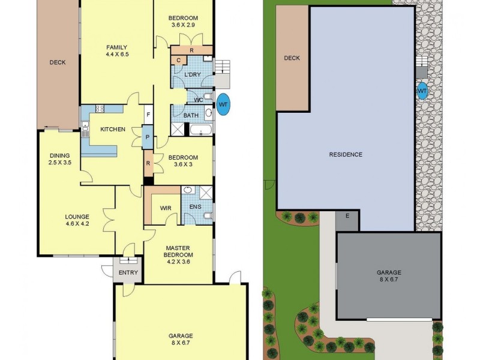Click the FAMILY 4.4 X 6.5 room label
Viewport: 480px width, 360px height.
[118, 51]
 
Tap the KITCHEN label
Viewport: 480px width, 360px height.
[112, 130]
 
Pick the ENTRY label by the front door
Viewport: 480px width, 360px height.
[128, 273]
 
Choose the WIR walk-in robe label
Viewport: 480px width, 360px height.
[166, 208]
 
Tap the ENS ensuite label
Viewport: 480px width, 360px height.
[195, 208]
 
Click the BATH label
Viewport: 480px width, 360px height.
[191, 115]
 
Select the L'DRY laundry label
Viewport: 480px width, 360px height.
[192, 74]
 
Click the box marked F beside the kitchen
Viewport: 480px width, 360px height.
[148, 114]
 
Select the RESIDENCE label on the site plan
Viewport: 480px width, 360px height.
[346, 155]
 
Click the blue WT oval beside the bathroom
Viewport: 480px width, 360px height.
[223, 103]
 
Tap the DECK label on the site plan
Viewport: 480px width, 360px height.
[292, 58]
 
